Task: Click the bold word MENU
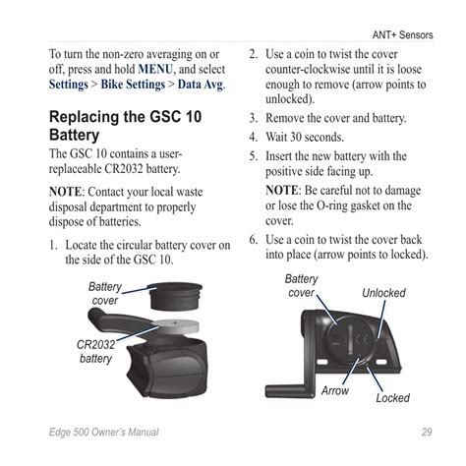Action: click(x=158, y=70)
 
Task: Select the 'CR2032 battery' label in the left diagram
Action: click(x=96, y=351)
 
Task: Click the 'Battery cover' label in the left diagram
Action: click(x=105, y=293)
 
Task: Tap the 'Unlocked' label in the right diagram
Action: click(x=383, y=293)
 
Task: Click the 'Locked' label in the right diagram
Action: click(x=393, y=398)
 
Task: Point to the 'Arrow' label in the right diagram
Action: click(x=334, y=391)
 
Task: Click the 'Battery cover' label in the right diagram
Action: click(x=301, y=286)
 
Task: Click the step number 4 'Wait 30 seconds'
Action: click(x=253, y=137)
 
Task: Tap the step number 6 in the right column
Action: click(x=253, y=240)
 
